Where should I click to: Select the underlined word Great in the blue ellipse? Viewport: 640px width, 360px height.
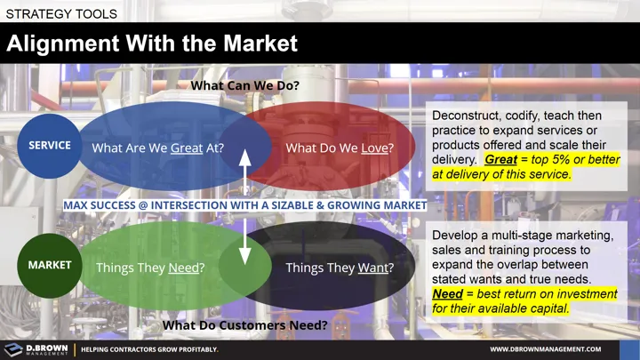coord(187,148)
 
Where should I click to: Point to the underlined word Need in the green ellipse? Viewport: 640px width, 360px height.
coord(183,268)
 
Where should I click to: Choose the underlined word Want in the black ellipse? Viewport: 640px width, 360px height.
coord(372,268)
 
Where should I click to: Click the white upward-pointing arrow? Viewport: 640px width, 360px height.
coord(246,169)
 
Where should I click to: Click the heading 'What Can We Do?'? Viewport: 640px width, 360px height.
coord(244,86)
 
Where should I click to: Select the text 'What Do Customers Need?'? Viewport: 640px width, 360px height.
coord(244,326)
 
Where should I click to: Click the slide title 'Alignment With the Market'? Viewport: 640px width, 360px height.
coord(152,44)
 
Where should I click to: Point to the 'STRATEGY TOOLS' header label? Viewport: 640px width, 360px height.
coord(60,12)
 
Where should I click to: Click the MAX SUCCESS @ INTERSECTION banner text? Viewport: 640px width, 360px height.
coord(245,205)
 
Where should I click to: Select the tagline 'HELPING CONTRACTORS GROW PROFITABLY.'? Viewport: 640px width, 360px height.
coord(149,349)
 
